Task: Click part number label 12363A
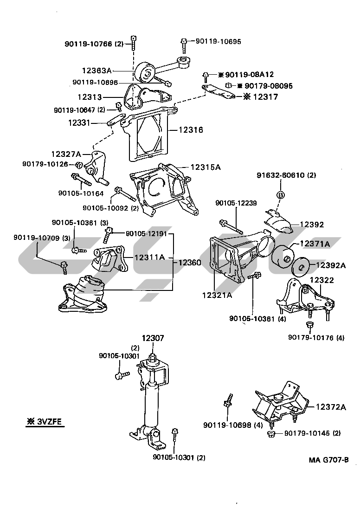pyautogui.click(x=97, y=71)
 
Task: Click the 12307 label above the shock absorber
pyautogui.click(x=153, y=339)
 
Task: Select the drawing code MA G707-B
pyautogui.click(x=329, y=460)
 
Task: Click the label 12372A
pyautogui.click(x=331, y=407)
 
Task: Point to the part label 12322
pyautogui.click(x=322, y=280)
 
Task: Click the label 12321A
pyautogui.click(x=217, y=294)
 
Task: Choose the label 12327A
pyautogui.click(x=66, y=154)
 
